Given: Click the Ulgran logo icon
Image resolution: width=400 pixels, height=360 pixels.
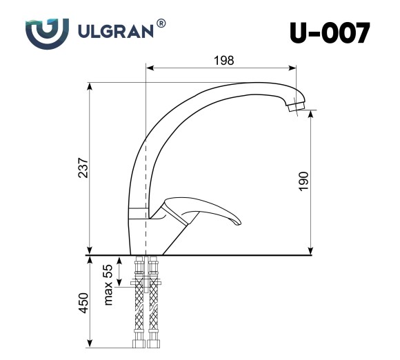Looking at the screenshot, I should coord(46,32).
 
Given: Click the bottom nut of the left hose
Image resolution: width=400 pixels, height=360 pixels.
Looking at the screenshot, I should coord(139,343).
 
